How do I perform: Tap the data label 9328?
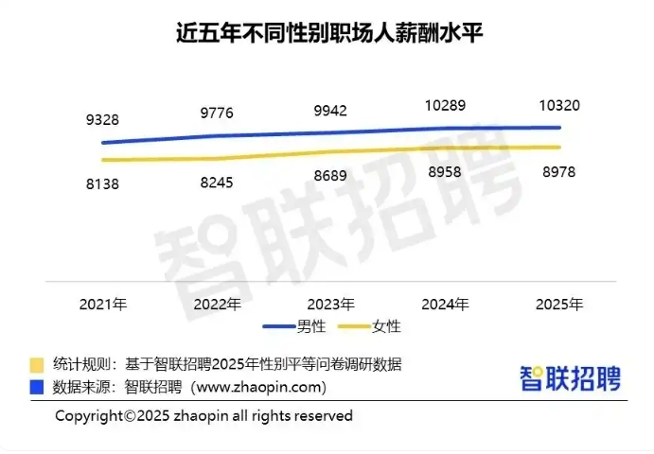pyautogui.click(x=103, y=120)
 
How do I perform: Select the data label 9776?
pyautogui.click(x=217, y=113)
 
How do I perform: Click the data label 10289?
pyautogui.click(x=445, y=106)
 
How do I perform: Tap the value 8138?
pyautogui.click(x=103, y=184)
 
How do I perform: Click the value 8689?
pyautogui.click(x=331, y=176)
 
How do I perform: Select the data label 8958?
pyautogui.click(x=445, y=172)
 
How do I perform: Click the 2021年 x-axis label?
pyautogui.click(x=103, y=305)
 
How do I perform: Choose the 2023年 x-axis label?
pyautogui.click(x=331, y=305)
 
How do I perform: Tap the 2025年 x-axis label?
pyautogui.click(x=558, y=305)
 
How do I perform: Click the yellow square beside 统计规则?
pyautogui.click(x=37, y=364)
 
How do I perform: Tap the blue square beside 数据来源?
pyautogui.click(x=37, y=387)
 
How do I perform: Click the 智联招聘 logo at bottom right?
pyautogui.click(x=570, y=377)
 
